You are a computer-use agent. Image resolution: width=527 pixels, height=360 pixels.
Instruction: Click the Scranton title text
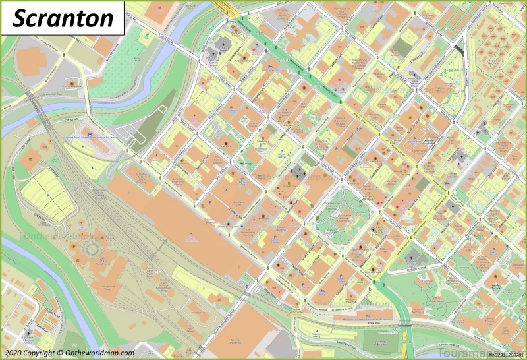pos(63,18)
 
